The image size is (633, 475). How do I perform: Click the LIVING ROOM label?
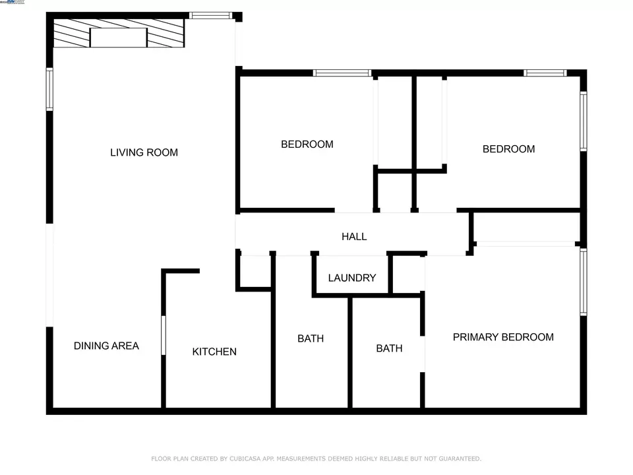[144, 152]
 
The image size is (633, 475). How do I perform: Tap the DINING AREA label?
[106, 346]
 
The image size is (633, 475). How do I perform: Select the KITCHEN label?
[214, 352]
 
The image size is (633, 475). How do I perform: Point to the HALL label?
[354, 236]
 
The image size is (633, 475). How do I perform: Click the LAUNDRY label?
[351, 278]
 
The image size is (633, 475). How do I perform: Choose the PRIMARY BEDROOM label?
[503, 337]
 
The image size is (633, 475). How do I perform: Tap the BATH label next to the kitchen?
[311, 338]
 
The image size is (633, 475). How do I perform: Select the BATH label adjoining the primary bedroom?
[389, 348]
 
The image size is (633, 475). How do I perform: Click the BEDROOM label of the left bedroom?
[307, 144]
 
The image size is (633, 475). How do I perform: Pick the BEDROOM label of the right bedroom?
[508, 148]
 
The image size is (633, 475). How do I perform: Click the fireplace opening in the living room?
[118, 37]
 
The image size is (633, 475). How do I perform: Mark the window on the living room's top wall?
[211, 15]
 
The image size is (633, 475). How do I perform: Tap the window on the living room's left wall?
[49, 89]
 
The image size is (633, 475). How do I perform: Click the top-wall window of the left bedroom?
[342, 73]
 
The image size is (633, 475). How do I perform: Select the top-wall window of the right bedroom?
[545, 73]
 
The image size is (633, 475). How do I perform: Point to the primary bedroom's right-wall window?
[583, 282]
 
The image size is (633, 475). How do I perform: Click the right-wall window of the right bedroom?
[583, 121]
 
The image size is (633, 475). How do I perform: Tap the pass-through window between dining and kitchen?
[164, 335]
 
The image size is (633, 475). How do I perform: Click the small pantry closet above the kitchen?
[255, 270]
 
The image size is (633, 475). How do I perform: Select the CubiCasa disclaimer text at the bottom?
[316, 458]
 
